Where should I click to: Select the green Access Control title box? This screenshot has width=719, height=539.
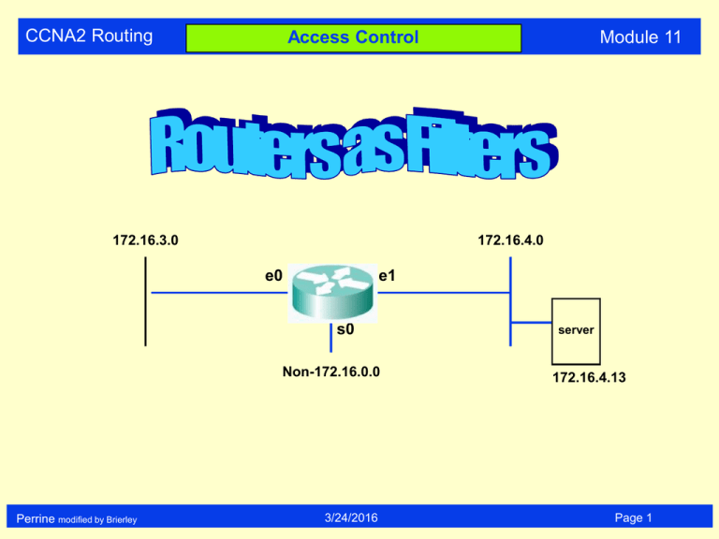point(353,38)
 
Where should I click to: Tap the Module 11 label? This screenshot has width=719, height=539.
point(640,37)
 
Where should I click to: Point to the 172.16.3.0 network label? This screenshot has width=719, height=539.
point(146,240)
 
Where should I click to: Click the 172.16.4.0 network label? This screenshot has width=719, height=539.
point(511,240)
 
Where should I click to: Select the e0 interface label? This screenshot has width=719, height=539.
point(272,275)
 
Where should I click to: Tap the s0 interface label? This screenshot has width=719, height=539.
point(345,330)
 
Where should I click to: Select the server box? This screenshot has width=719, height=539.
point(576,331)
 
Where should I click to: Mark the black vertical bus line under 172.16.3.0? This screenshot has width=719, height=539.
point(146,299)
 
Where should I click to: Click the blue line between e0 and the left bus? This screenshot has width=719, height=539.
point(215,293)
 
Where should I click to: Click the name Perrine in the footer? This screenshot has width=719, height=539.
point(35,517)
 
